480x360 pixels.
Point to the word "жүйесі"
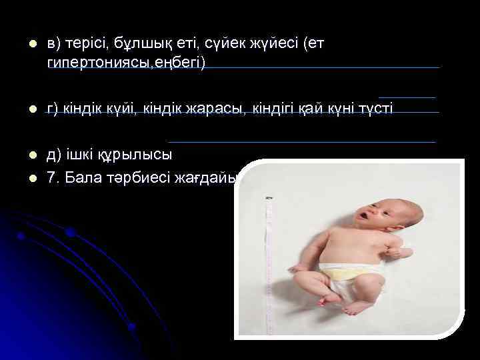(263, 43)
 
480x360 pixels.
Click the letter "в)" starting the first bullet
(54, 43)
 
